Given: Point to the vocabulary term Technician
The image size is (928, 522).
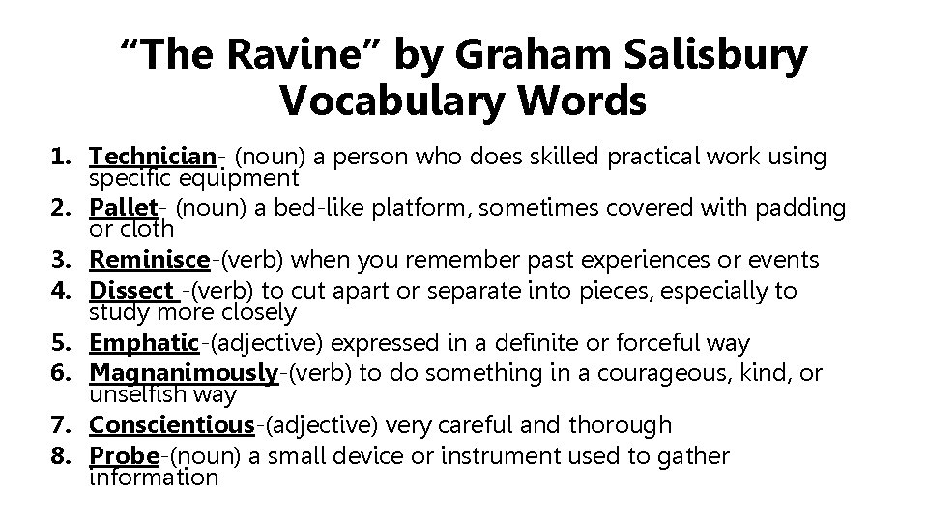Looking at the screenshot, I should click(x=153, y=156).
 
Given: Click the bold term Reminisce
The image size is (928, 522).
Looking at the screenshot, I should click(x=149, y=260).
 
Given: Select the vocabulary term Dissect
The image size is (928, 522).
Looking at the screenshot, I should click(x=130, y=290).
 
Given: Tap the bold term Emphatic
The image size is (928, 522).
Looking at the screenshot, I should click(x=144, y=343).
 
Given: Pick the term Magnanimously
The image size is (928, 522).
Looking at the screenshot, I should click(x=184, y=373).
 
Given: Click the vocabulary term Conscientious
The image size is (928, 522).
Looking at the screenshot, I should click(x=171, y=425).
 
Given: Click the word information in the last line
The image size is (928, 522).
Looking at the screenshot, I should click(x=154, y=478).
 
